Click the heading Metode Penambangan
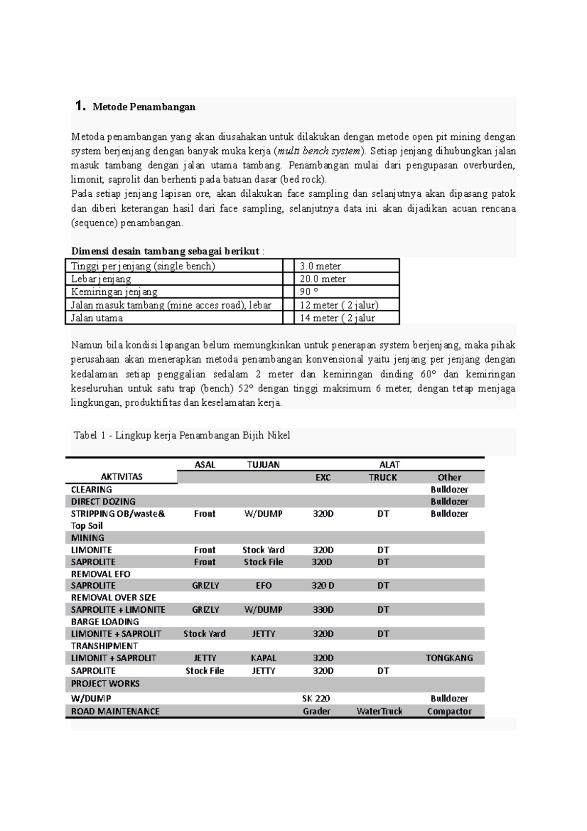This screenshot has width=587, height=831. (x=144, y=107)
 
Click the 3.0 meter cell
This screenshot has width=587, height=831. (x=320, y=266)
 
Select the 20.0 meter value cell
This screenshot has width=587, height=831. (x=322, y=279)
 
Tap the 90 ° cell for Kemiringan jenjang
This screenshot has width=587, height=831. (x=309, y=292)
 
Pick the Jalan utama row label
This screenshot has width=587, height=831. (x=97, y=318)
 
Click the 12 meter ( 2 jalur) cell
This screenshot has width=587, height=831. (x=339, y=305)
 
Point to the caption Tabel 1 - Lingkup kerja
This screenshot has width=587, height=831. (x=181, y=435)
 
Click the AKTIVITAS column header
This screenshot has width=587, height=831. (x=121, y=477)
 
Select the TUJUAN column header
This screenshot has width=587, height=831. (x=263, y=464)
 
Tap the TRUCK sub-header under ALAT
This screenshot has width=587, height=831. (x=383, y=477)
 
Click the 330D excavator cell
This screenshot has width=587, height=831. (x=323, y=610)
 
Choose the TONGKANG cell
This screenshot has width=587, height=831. (x=449, y=658)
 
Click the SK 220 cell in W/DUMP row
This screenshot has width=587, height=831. (x=316, y=698)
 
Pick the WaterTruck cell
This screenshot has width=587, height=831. (x=380, y=711)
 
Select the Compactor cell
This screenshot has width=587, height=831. (x=449, y=711)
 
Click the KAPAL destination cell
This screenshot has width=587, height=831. (x=263, y=658)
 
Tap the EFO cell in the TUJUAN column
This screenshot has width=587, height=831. (x=263, y=585)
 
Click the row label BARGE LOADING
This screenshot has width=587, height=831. (x=105, y=622)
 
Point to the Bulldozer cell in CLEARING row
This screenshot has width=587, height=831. (x=449, y=489)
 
